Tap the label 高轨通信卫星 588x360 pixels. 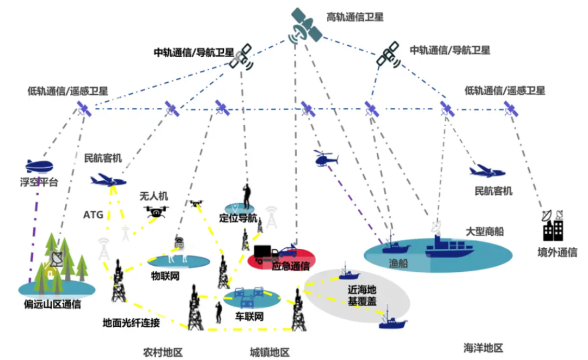[x=355, y=17]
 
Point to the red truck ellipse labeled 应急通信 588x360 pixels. [x=281, y=258]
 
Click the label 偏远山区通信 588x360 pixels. [x=52, y=304]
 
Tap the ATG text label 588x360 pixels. [x=93, y=215]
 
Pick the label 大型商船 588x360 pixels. [x=485, y=231]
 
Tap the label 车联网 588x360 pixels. [x=249, y=316]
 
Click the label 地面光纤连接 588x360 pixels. [x=131, y=323]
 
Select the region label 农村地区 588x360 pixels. [x=163, y=352]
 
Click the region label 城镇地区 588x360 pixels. [x=269, y=352]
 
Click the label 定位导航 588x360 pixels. [x=238, y=219]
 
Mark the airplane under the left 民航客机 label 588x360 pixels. [x=108, y=180]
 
